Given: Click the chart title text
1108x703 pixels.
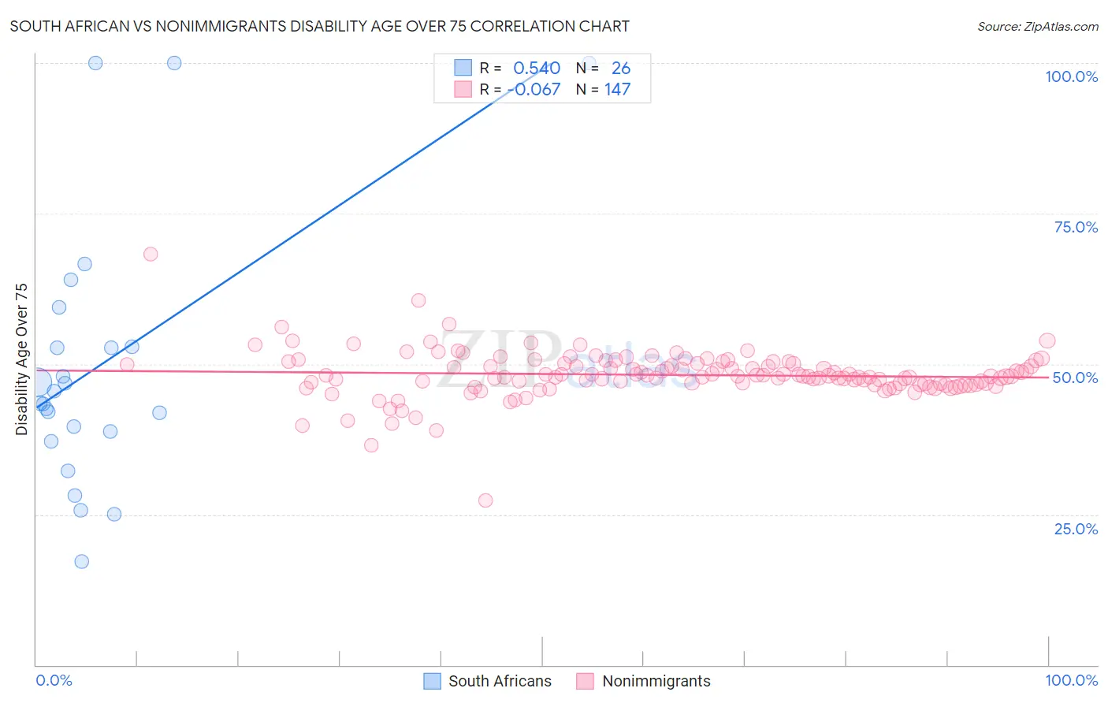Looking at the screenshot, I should coord(319,26).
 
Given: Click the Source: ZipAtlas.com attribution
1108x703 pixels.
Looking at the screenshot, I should coord(1037,26).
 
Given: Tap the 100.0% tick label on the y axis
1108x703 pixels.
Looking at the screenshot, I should coord(1071,76).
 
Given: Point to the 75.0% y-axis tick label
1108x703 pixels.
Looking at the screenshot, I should coord(1076,227).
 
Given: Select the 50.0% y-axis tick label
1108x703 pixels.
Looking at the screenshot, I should coord(1075,378).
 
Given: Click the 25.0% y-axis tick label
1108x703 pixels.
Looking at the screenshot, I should coord(1076,529).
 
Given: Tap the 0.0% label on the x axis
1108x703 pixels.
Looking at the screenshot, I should coord(54,680).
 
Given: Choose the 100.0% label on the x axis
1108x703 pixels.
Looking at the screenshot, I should coord(1071,680).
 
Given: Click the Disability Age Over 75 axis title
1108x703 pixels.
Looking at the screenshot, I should coord(22,359).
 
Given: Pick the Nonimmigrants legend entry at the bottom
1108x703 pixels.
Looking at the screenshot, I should coord(656,681).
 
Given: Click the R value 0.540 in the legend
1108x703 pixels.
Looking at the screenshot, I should coord(537,69).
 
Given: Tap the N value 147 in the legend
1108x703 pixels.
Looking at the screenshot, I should coord(617,90).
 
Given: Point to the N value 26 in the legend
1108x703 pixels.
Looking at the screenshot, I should coord(620,69).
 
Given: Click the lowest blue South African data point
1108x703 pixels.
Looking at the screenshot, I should coord(81,561).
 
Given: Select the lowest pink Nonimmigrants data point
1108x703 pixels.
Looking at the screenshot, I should coord(485,500).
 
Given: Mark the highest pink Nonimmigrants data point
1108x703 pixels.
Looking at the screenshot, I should coord(151,254).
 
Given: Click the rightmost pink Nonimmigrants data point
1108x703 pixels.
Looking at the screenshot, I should coord(1047,340).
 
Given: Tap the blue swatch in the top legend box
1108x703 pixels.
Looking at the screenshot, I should coord(463,68).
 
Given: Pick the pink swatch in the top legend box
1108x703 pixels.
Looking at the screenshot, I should coord(463,89).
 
